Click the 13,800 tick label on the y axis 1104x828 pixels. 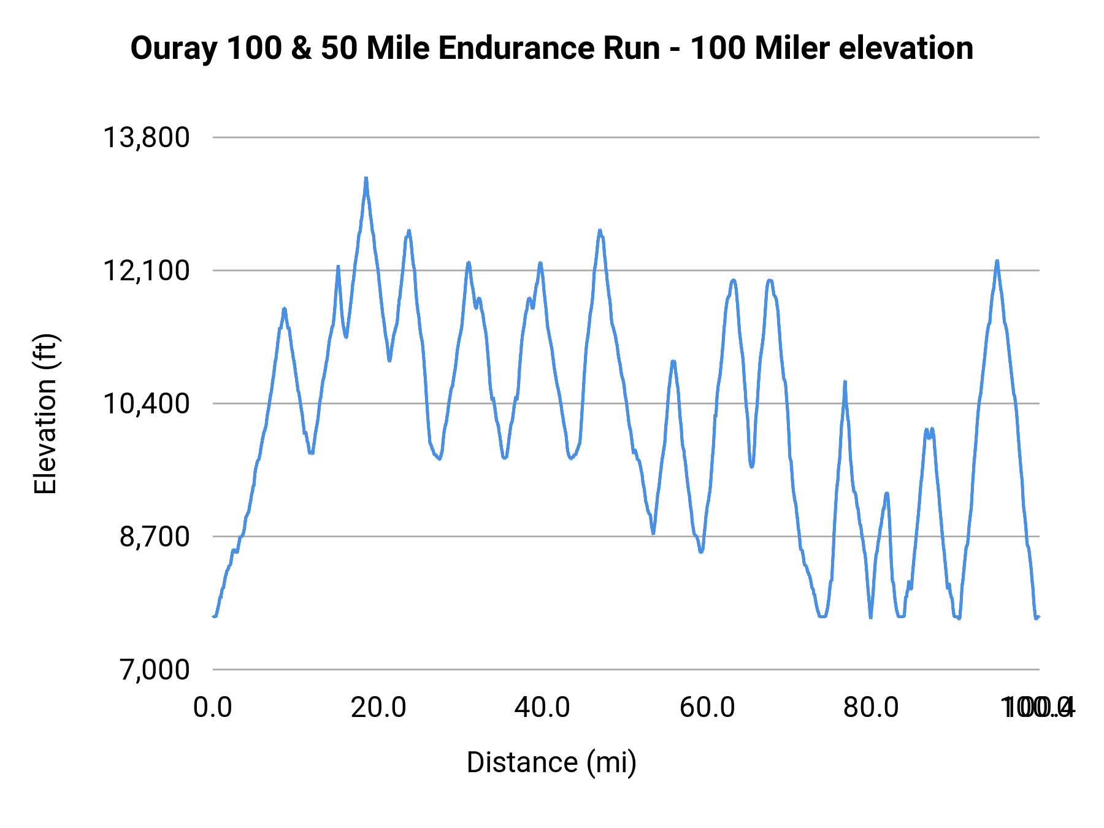point(146,137)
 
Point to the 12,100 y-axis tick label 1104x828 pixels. point(146,270)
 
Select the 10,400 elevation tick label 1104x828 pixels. point(146,404)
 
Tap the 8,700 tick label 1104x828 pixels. point(155,537)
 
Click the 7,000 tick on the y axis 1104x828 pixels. point(155,670)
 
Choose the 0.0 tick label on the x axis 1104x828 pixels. point(212,708)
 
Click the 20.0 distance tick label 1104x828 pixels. point(378,708)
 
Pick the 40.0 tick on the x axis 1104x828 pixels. point(542,708)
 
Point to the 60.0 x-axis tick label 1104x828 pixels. point(707,708)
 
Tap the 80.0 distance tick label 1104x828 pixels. point(871,708)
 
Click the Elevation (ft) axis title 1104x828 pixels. point(45,414)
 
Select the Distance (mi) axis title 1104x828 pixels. point(551,762)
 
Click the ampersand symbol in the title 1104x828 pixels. point(301,48)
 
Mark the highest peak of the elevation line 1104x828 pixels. point(366,178)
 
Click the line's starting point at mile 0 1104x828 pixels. point(213,616)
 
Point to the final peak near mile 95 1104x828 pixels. point(997,261)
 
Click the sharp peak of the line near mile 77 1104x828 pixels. point(845,382)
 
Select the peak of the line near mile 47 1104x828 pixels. point(600,231)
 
